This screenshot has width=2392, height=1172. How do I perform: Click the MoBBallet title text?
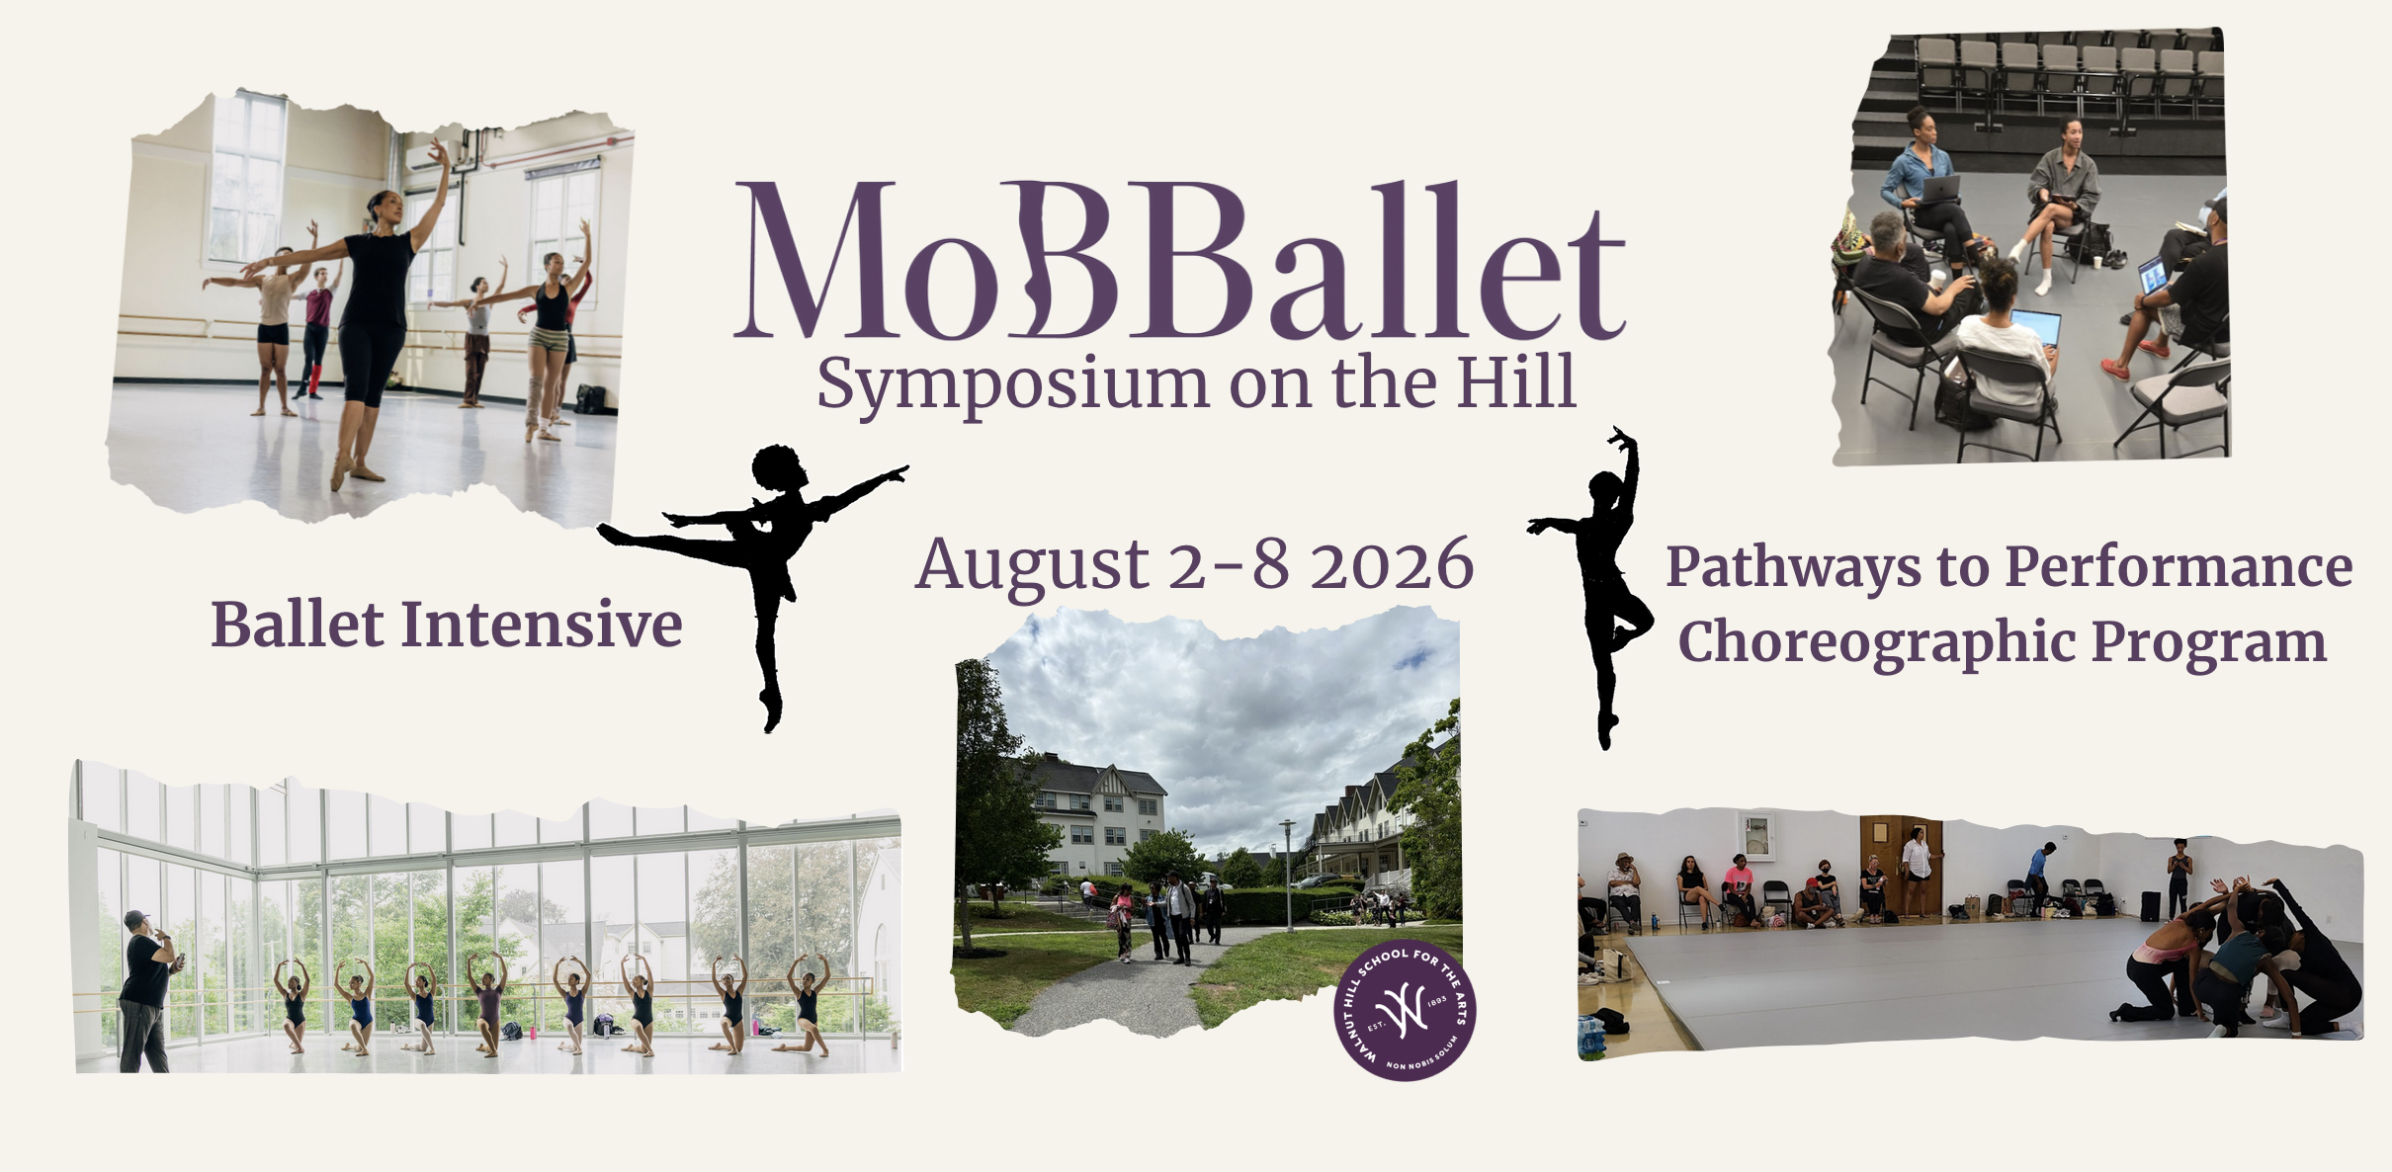tap(1180, 259)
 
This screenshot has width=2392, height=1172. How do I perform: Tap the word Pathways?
tap(1794, 569)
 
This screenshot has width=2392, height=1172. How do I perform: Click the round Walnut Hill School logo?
tap(1405, 1010)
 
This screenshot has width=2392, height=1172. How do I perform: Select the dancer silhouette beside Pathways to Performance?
tap(1593, 587)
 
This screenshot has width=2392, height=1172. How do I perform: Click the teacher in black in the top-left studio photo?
tap(368, 316)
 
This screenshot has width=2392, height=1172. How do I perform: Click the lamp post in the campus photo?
tap(1287, 875)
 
